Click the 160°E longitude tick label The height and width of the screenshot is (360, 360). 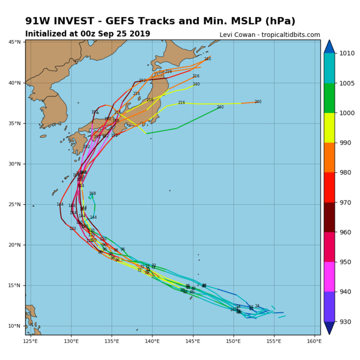[314, 340]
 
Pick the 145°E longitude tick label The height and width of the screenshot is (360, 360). [192, 340]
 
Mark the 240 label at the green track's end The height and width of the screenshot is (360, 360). [220, 107]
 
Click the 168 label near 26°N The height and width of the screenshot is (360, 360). [93, 194]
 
